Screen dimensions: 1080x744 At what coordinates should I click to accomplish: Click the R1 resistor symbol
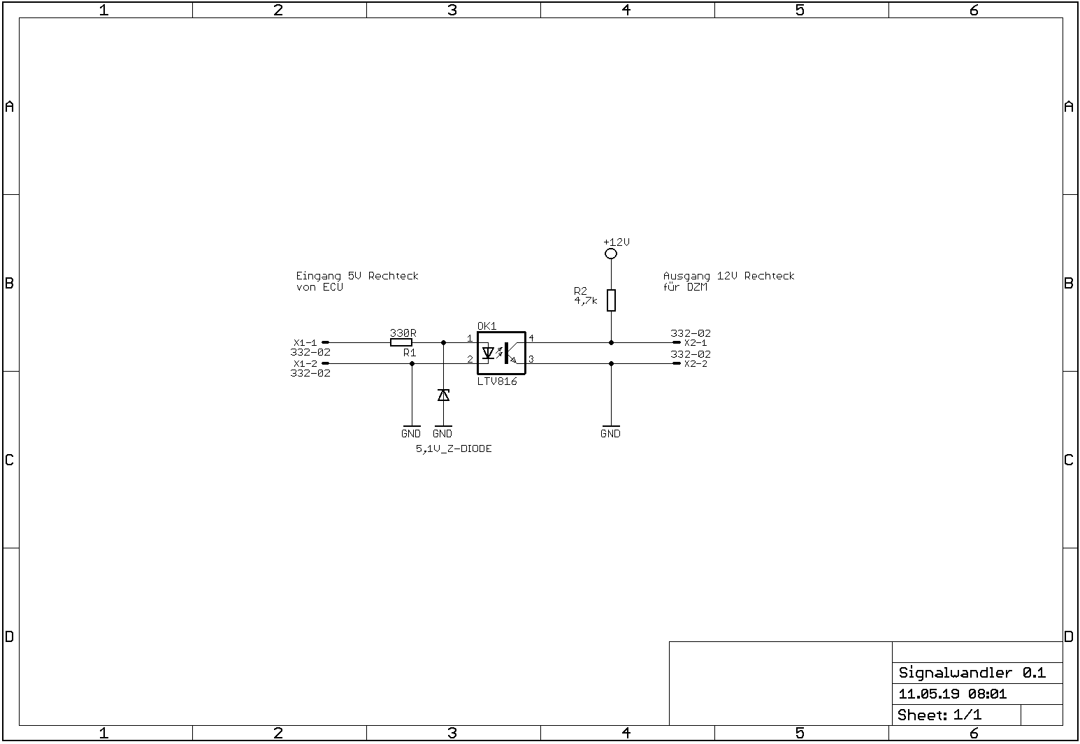coord(401,342)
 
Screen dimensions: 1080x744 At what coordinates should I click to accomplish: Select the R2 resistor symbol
coord(611,300)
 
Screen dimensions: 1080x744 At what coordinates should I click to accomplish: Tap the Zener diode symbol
coord(444,395)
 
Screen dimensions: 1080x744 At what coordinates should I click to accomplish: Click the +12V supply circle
coord(611,254)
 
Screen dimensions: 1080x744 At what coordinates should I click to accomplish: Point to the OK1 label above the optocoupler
coord(487,326)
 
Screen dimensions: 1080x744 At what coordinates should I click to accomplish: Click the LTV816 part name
coord(497,381)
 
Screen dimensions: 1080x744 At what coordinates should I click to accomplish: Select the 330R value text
coord(403,333)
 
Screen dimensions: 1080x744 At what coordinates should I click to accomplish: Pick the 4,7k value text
coord(586,301)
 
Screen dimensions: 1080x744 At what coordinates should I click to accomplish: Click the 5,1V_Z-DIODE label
coord(454,448)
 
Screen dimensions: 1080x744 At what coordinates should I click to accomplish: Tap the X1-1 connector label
coord(305,342)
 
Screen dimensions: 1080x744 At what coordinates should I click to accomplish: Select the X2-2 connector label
coord(696,364)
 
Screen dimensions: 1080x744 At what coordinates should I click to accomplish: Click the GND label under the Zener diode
coord(442,434)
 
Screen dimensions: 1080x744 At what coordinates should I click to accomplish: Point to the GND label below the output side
coord(610,434)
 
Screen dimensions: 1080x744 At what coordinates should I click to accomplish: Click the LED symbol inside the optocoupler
coord(488,353)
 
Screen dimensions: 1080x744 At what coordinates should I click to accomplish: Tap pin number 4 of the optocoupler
coord(531,338)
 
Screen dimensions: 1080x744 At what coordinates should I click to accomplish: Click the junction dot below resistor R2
coord(611,342)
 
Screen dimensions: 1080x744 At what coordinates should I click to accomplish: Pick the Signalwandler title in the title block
coord(955,673)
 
